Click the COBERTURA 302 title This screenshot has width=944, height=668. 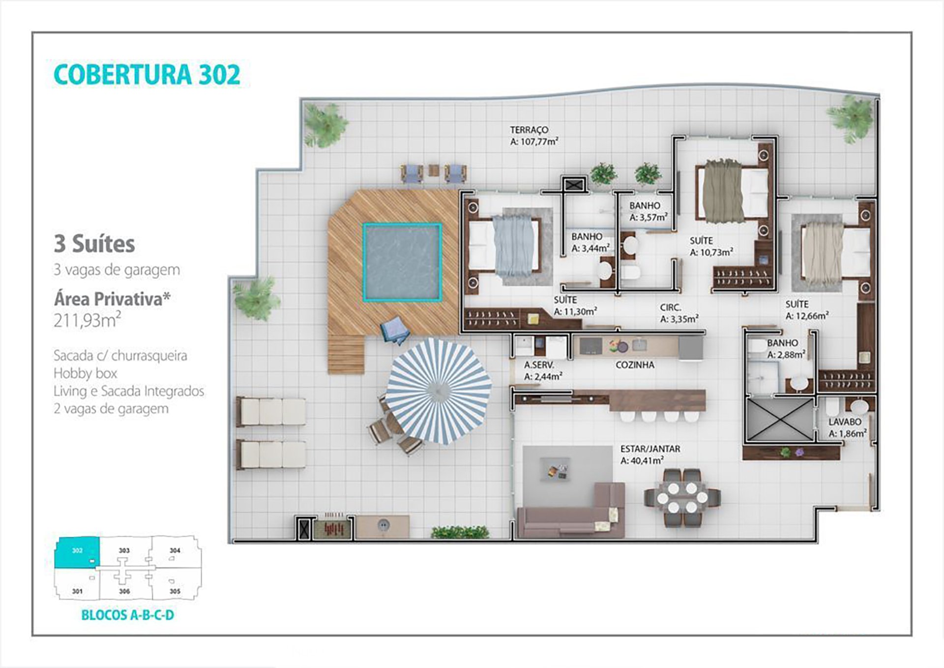coord(147,75)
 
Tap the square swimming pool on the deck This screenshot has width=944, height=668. coord(402,262)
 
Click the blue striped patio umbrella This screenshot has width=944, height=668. coord(438,390)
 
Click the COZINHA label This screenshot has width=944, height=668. coord(635,365)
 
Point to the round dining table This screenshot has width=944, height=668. coord(682,498)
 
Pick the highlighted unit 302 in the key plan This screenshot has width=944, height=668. coord(77,551)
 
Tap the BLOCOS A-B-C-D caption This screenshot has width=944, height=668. coord(127,615)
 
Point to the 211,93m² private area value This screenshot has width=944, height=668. coord(88,320)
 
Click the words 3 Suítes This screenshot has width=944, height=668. coord(94,244)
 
